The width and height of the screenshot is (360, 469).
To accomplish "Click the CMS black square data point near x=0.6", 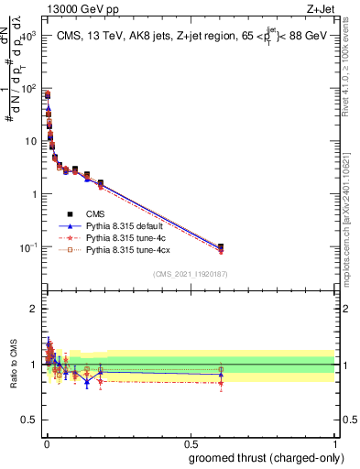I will point(221,246).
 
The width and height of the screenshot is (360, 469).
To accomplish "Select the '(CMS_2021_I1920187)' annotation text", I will point(190,274).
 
